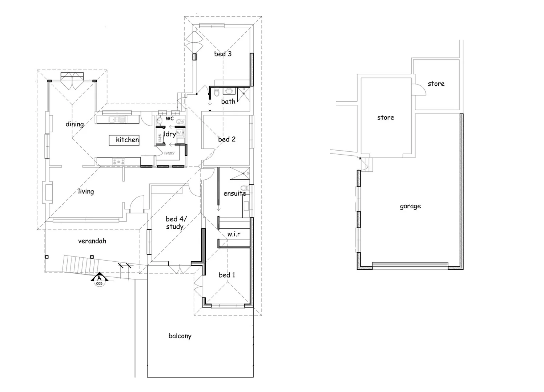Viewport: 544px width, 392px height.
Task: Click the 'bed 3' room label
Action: (222, 54)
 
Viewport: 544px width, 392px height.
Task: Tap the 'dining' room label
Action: (74, 124)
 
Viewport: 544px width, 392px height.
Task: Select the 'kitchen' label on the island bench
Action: (127, 140)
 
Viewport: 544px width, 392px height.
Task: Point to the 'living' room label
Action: (86, 191)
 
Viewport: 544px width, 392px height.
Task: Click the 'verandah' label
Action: (92, 241)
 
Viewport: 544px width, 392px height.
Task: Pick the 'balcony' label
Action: (180, 336)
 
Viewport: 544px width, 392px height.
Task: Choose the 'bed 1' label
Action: (227, 275)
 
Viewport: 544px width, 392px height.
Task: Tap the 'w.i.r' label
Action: (234, 234)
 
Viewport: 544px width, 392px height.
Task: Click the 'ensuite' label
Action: (234, 193)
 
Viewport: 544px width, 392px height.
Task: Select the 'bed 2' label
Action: (227, 139)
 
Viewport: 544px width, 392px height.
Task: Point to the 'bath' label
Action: (228, 102)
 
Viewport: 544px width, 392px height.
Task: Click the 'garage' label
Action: (410, 206)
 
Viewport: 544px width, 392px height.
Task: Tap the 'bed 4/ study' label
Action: (176, 223)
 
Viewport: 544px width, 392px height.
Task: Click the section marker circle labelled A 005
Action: (99, 281)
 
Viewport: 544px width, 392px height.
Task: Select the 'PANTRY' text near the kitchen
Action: (169, 153)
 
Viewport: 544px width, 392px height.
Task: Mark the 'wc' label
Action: (170, 118)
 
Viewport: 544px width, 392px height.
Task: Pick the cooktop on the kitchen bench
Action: (118, 162)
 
